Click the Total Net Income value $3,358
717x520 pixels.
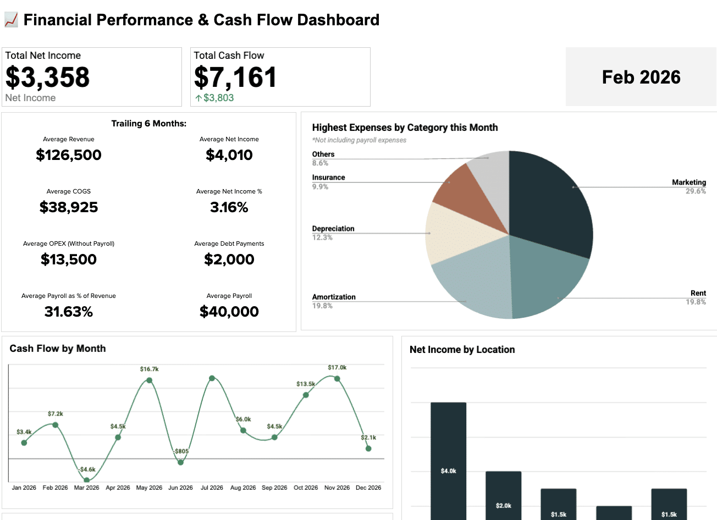point(47,78)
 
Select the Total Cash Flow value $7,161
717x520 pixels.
point(235,78)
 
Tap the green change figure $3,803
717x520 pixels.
point(218,98)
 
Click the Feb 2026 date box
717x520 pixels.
point(641,77)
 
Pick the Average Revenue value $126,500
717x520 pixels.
point(69,155)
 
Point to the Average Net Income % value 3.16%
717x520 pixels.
point(229,207)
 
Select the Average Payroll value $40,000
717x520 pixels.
point(229,312)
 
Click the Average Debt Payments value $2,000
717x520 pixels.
point(229,259)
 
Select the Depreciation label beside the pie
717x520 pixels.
point(333,229)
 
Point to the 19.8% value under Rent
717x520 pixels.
point(696,302)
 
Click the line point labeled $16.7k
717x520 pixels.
point(149,380)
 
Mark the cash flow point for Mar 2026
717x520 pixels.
point(86,480)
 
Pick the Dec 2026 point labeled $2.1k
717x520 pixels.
point(368,449)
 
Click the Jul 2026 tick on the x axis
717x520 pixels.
point(212,488)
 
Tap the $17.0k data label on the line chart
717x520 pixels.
point(337,367)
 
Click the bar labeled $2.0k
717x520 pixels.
point(503,495)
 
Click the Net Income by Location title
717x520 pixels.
point(462,350)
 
